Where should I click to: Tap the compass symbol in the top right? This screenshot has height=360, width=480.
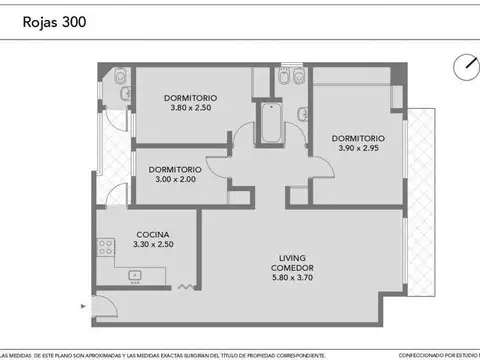coord(464,67)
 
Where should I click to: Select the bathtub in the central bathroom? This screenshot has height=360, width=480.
coord(270,125)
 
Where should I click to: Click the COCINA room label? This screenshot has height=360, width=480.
coord(153,233)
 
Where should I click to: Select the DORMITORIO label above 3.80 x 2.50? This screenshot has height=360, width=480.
coord(191,97)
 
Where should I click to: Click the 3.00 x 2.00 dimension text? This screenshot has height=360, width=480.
coord(175,179)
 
